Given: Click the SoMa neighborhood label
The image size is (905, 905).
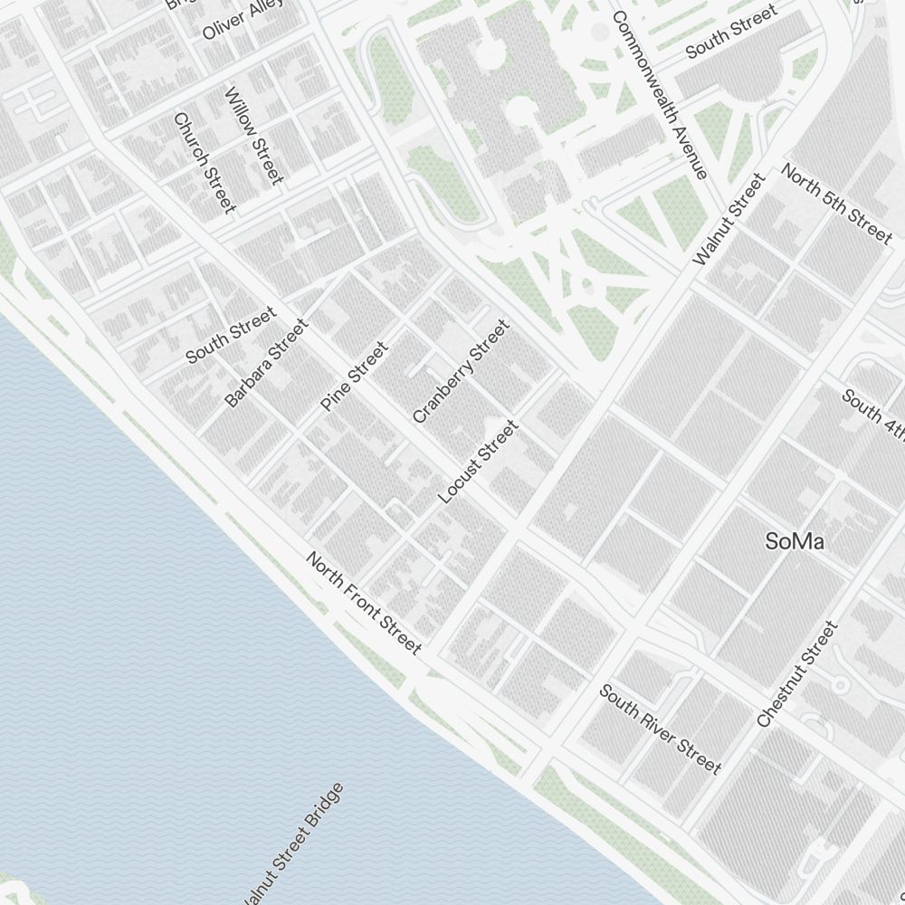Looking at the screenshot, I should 795,542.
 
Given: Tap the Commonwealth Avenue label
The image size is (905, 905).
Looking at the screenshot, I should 659,95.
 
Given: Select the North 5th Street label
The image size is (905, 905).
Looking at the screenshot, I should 836,203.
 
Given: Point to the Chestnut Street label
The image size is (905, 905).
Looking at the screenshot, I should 797,674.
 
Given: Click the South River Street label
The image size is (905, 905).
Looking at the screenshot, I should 660,729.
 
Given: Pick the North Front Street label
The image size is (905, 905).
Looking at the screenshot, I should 364,602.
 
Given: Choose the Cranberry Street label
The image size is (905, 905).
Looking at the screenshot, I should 461,371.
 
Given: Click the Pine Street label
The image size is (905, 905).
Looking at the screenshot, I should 354,376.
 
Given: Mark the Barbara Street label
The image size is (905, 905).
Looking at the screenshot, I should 266,362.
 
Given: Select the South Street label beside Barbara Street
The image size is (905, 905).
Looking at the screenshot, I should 230,336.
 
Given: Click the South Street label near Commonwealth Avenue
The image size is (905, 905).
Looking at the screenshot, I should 731,32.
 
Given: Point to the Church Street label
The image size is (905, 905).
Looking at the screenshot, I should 205,163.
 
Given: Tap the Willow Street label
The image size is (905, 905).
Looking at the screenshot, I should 254,135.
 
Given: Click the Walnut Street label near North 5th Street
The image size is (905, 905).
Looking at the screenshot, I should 729,221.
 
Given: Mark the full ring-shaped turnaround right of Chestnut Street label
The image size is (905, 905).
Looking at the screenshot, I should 841,685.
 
